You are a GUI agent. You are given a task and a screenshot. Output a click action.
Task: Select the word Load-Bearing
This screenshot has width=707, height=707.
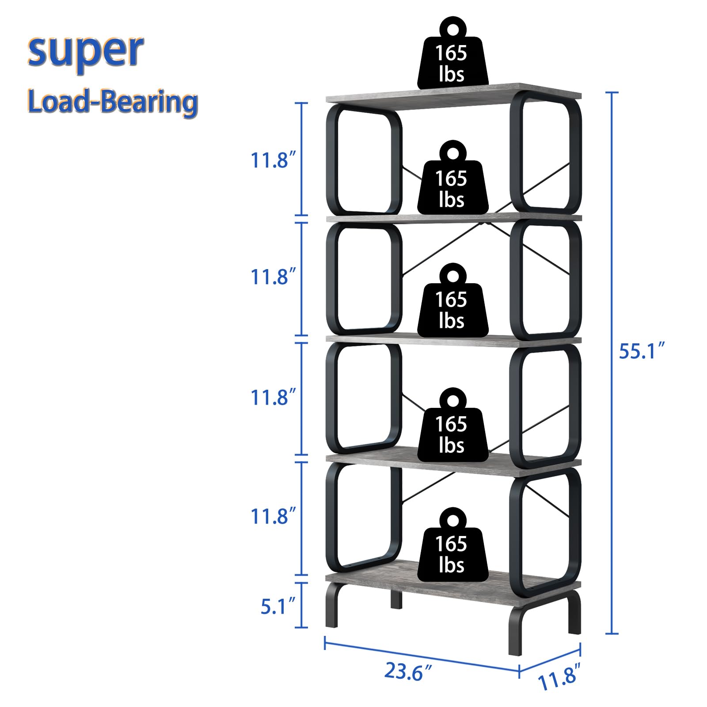(x=112, y=102)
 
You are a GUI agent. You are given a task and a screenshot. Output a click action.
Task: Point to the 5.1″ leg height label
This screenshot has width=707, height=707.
(x=277, y=606)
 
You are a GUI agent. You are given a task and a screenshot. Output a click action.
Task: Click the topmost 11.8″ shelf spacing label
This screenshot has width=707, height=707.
(x=270, y=160)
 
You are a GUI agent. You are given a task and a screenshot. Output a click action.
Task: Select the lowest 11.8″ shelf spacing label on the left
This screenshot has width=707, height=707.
(x=270, y=516)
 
